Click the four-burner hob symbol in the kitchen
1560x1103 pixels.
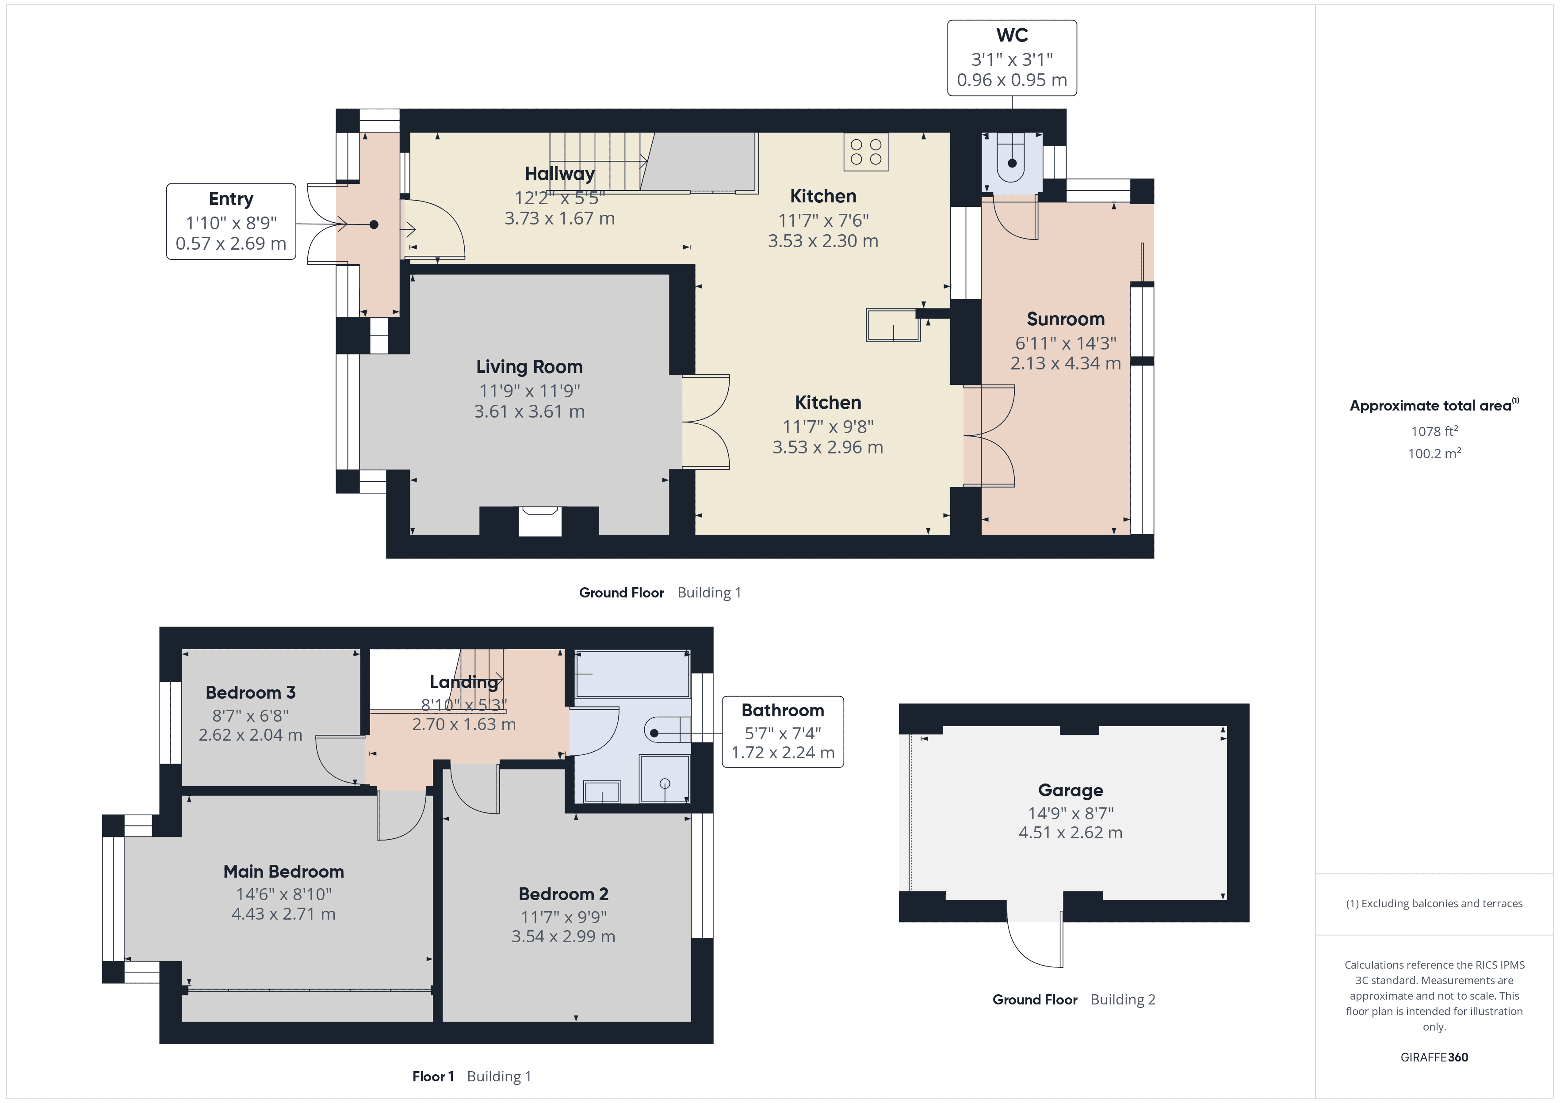866,152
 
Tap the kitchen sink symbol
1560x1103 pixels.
893,325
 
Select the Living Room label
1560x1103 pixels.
529,367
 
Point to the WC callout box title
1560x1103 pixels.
1012,35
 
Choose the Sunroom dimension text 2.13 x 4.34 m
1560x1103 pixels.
1065,363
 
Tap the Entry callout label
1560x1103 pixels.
231,199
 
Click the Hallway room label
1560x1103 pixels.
559,174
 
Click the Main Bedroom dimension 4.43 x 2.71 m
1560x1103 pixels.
283,914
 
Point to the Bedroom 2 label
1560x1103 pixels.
563,894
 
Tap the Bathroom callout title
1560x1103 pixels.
783,711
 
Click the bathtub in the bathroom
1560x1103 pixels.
632,674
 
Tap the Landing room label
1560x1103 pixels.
463,682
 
